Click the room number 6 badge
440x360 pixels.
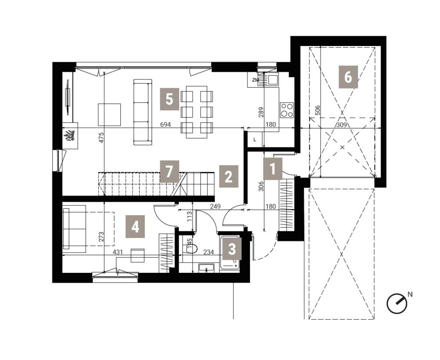(x=348, y=77)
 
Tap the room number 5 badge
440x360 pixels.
(x=169, y=99)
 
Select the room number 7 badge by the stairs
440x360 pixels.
(x=169, y=171)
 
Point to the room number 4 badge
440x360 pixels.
(x=135, y=226)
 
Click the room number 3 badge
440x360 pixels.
(x=232, y=248)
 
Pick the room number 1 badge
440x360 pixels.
(x=273, y=169)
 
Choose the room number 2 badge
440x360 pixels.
(x=229, y=176)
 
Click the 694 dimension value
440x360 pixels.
(x=165, y=125)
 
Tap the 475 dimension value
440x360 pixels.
(x=101, y=138)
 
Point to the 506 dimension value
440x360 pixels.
(x=318, y=110)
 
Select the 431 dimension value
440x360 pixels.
(x=118, y=252)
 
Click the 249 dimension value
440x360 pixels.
(x=216, y=207)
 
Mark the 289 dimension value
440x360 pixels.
(x=261, y=113)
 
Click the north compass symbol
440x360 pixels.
(x=397, y=303)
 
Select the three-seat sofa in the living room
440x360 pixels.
(x=143, y=112)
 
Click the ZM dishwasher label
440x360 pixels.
(x=255, y=80)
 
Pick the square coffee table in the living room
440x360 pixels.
(x=110, y=115)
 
